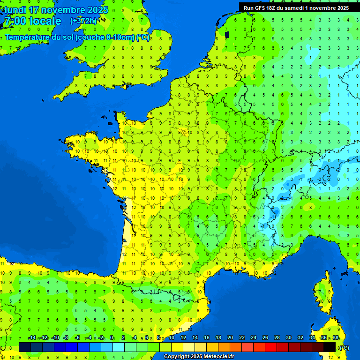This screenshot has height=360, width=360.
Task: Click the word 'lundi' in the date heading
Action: pos(15,10)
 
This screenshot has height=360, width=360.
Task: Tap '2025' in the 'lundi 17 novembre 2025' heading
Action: pos(97,10)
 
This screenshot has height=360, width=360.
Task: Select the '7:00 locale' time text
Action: pos(32,21)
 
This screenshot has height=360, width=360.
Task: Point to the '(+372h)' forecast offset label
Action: pos(83,21)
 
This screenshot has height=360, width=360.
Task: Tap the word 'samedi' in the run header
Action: pos(293,8)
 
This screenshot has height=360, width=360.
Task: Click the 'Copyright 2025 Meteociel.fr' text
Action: pos(199,356)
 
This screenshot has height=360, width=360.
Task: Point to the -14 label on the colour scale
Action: pos(32,337)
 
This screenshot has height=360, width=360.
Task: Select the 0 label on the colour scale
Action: pos(112,337)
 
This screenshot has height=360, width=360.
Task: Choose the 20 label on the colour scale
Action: pos(230,337)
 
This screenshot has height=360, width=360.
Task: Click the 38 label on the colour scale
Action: pos(336,337)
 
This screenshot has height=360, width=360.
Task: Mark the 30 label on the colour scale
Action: pos(289,337)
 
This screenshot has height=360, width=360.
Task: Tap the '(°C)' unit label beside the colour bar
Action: pos(344,348)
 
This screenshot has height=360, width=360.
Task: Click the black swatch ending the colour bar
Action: pos(330,347)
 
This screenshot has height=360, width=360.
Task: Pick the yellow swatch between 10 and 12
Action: pos(177,347)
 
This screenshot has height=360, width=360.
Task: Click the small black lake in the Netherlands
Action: pos(227,34)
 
